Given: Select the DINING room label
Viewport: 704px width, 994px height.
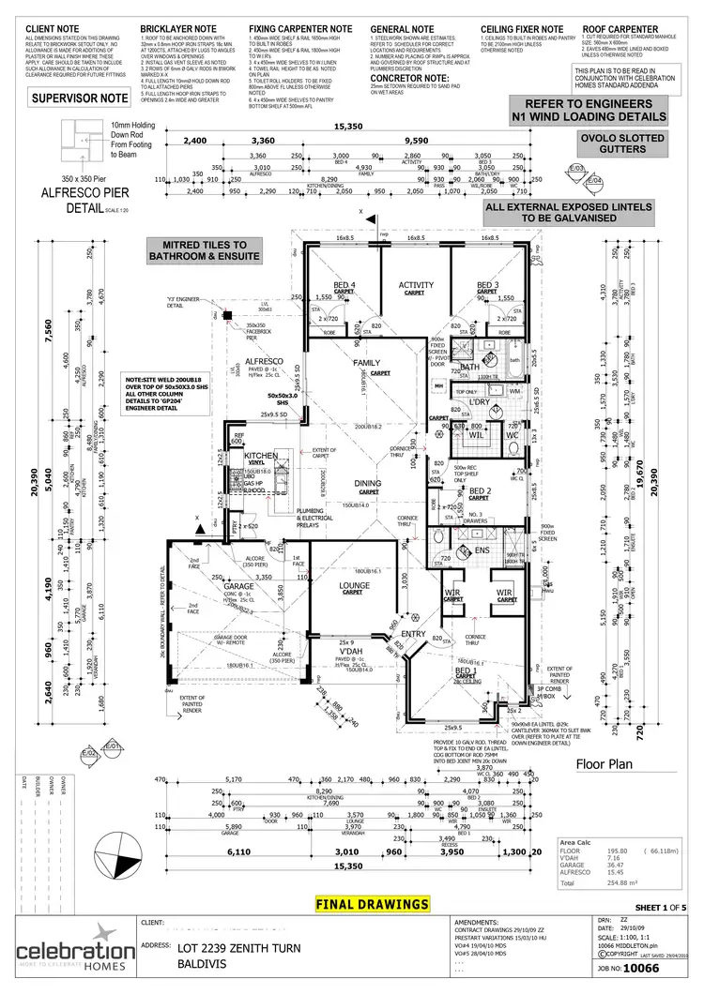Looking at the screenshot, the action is coord(367,483).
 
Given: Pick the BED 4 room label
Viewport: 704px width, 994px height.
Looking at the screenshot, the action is coord(344,285).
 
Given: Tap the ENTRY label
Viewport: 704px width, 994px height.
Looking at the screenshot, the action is coord(414,635).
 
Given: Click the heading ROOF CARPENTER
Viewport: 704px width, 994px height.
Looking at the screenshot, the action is coord(620,29).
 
